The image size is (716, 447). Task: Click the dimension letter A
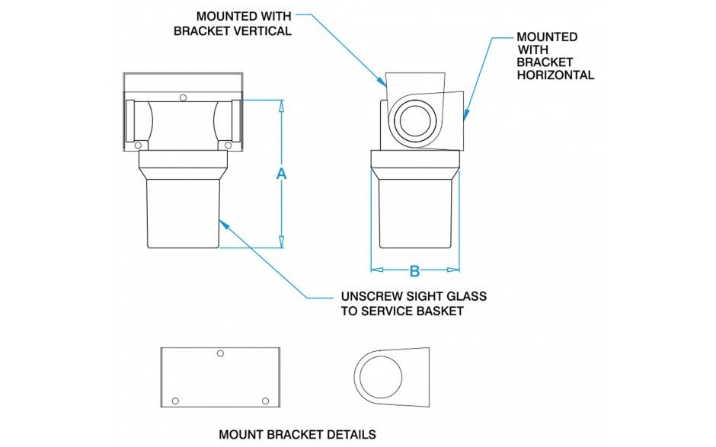pos(281,174)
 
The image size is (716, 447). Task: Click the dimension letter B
pos(415,271)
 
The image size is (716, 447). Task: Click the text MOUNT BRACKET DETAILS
pos(297,435)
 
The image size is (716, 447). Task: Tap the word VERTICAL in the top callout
pos(263,31)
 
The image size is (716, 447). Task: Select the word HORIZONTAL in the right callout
pos(555,75)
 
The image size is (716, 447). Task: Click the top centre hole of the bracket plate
pos(220,353)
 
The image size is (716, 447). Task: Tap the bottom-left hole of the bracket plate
pos(175,401)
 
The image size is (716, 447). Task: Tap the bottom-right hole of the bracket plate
pos(265,401)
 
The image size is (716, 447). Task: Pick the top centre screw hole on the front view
pos(183,97)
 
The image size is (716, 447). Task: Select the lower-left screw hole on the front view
pos(138,145)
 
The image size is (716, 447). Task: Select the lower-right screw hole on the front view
pos(228,145)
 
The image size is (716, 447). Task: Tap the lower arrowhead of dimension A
pos(281,244)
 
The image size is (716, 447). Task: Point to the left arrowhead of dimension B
pos(374,270)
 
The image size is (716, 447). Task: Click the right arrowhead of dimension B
pos(457,270)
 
